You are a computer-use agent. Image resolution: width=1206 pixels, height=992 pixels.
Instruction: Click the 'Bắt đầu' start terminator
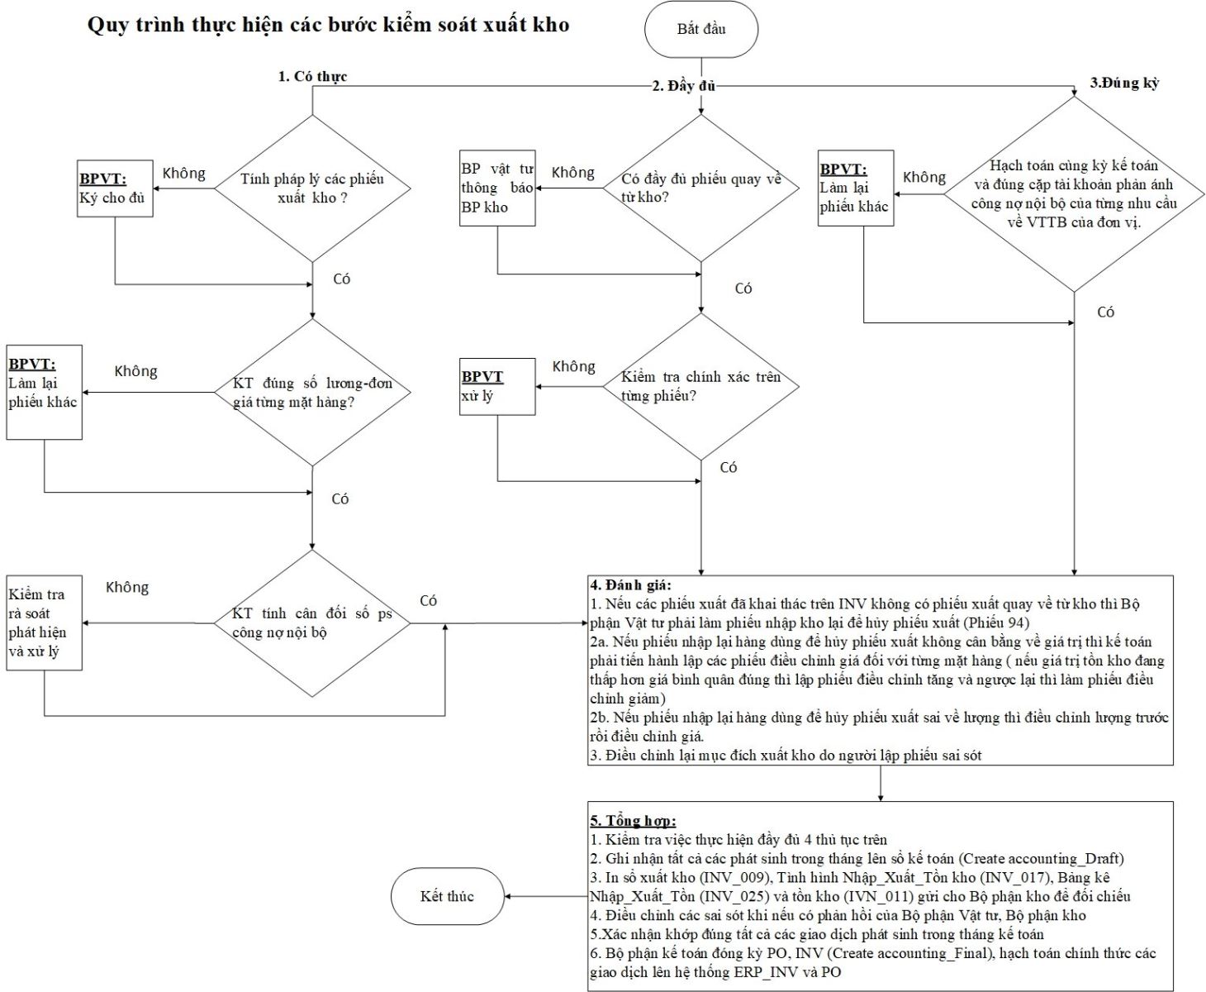(x=700, y=30)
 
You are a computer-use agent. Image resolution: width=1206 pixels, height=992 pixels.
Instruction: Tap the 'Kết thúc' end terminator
(x=447, y=896)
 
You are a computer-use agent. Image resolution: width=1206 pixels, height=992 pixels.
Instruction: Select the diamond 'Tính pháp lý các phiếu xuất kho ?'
(x=312, y=188)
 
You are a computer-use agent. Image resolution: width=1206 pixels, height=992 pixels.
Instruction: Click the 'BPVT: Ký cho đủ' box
(x=115, y=188)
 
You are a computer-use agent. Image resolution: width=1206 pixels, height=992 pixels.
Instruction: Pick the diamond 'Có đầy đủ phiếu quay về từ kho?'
(x=700, y=188)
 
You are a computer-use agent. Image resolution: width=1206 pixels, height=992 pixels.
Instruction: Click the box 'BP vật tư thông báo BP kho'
(x=497, y=188)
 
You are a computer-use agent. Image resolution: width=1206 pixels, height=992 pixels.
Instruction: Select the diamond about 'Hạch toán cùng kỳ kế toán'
(x=1074, y=194)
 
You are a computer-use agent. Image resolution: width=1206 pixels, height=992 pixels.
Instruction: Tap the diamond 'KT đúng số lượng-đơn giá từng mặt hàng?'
(x=312, y=393)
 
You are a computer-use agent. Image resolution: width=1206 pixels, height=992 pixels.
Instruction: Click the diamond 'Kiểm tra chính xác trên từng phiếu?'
(x=700, y=386)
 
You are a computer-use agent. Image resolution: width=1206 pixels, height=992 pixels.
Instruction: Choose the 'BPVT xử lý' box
(x=497, y=386)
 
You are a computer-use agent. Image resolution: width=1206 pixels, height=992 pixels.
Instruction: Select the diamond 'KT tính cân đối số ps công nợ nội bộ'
(x=312, y=623)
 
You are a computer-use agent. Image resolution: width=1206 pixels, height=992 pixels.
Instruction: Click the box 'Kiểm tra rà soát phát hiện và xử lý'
(x=44, y=622)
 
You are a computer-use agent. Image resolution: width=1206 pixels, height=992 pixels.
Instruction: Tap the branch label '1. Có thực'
(x=312, y=77)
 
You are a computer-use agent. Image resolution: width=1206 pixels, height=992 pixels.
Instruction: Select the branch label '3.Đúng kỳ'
(x=1124, y=83)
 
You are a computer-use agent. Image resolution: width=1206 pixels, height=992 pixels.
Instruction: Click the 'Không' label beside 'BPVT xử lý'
(x=573, y=366)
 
